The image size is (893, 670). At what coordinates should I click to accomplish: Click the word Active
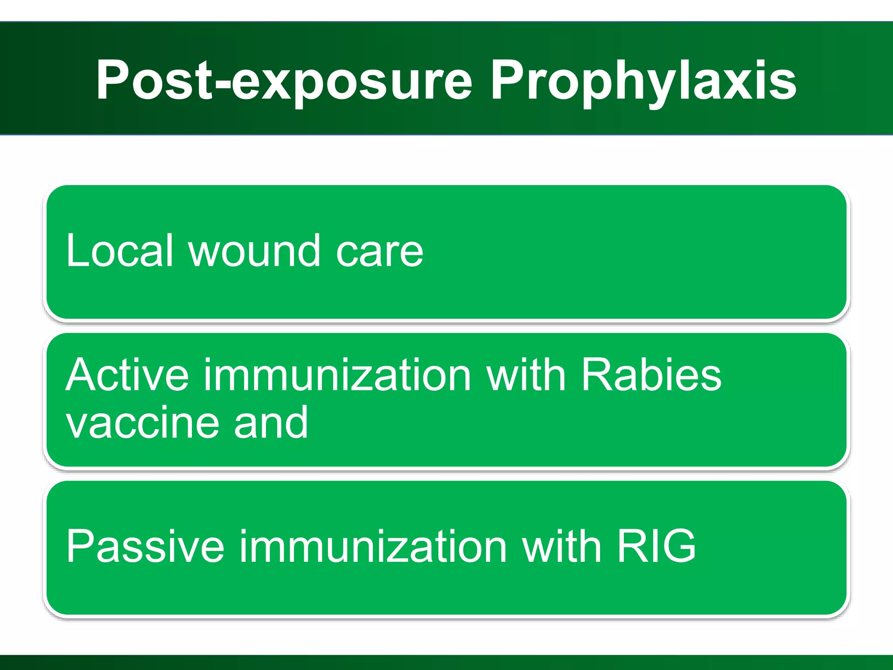[x=127, y=375]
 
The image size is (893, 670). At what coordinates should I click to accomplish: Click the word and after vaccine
[x=271, y=422]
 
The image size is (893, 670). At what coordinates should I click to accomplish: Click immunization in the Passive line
[x=373, y=546]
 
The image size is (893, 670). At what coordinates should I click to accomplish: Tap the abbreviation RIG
[x=656, y=546]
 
